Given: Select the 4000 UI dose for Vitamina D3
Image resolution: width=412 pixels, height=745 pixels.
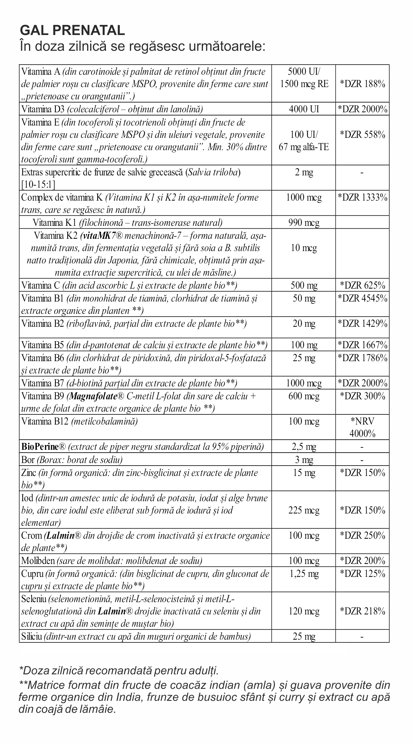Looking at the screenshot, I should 304,109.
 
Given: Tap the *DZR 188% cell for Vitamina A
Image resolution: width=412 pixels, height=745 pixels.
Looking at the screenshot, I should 362,84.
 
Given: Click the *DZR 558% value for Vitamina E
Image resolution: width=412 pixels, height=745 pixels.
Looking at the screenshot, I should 362,135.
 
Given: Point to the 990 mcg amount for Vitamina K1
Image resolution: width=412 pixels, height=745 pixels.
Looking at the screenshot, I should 304,223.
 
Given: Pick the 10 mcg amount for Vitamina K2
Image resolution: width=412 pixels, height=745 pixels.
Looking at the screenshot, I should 304,248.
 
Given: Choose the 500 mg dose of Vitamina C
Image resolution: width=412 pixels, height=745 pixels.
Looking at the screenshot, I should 304,285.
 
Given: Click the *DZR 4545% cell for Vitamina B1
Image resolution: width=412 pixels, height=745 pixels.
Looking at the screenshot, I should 362,298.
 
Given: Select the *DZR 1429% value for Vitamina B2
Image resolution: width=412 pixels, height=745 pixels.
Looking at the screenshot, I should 362,324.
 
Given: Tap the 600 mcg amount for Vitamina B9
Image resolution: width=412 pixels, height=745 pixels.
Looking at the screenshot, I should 304,396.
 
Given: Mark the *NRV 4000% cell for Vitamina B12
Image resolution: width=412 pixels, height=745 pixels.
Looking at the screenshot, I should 362,427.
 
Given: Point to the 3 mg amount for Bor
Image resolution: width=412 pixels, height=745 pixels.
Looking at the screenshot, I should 304,460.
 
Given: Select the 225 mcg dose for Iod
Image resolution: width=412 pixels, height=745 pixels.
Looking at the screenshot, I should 304,510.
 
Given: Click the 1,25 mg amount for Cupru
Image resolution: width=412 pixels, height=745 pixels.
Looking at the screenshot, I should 304,573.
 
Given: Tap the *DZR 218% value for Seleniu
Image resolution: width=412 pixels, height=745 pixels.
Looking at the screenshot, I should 362,611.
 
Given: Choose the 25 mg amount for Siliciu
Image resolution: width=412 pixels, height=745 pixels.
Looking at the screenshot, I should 304,637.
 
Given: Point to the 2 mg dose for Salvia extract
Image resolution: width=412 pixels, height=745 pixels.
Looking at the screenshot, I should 304,173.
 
